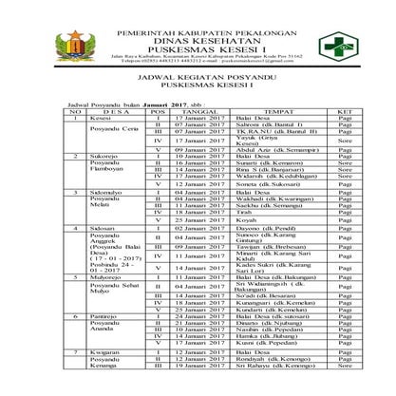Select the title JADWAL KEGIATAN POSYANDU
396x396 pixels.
coord(198,82)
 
